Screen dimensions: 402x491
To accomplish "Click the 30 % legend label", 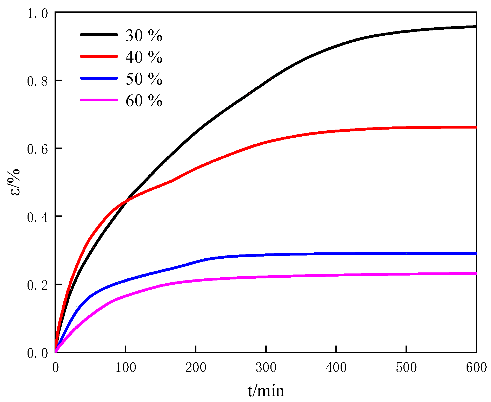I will (x=144, y=35).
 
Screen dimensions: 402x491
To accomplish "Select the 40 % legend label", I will (x=144, y=57).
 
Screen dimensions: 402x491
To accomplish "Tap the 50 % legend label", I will (x=144, y=79).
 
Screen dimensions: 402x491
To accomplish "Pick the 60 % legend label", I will (x=144, y=101).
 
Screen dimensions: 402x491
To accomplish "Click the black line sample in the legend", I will (x=99, y=34).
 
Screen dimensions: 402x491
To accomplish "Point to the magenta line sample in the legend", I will (x=99, y=100).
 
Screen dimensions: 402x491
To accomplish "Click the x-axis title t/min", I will (x=266, y=391).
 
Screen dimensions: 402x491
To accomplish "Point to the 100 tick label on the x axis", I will (x=125, y=368).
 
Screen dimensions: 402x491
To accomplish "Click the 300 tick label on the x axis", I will (x=266, y=368).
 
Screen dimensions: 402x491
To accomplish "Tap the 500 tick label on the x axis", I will (x=406, y=368).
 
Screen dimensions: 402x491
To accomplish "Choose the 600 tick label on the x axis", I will (x=476, y=368).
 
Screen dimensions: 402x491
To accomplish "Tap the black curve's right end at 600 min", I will (x=475, y=27).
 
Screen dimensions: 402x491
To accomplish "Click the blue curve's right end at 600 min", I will (x=475, y=253).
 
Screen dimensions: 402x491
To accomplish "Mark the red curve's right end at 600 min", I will (x=475, y=127).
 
